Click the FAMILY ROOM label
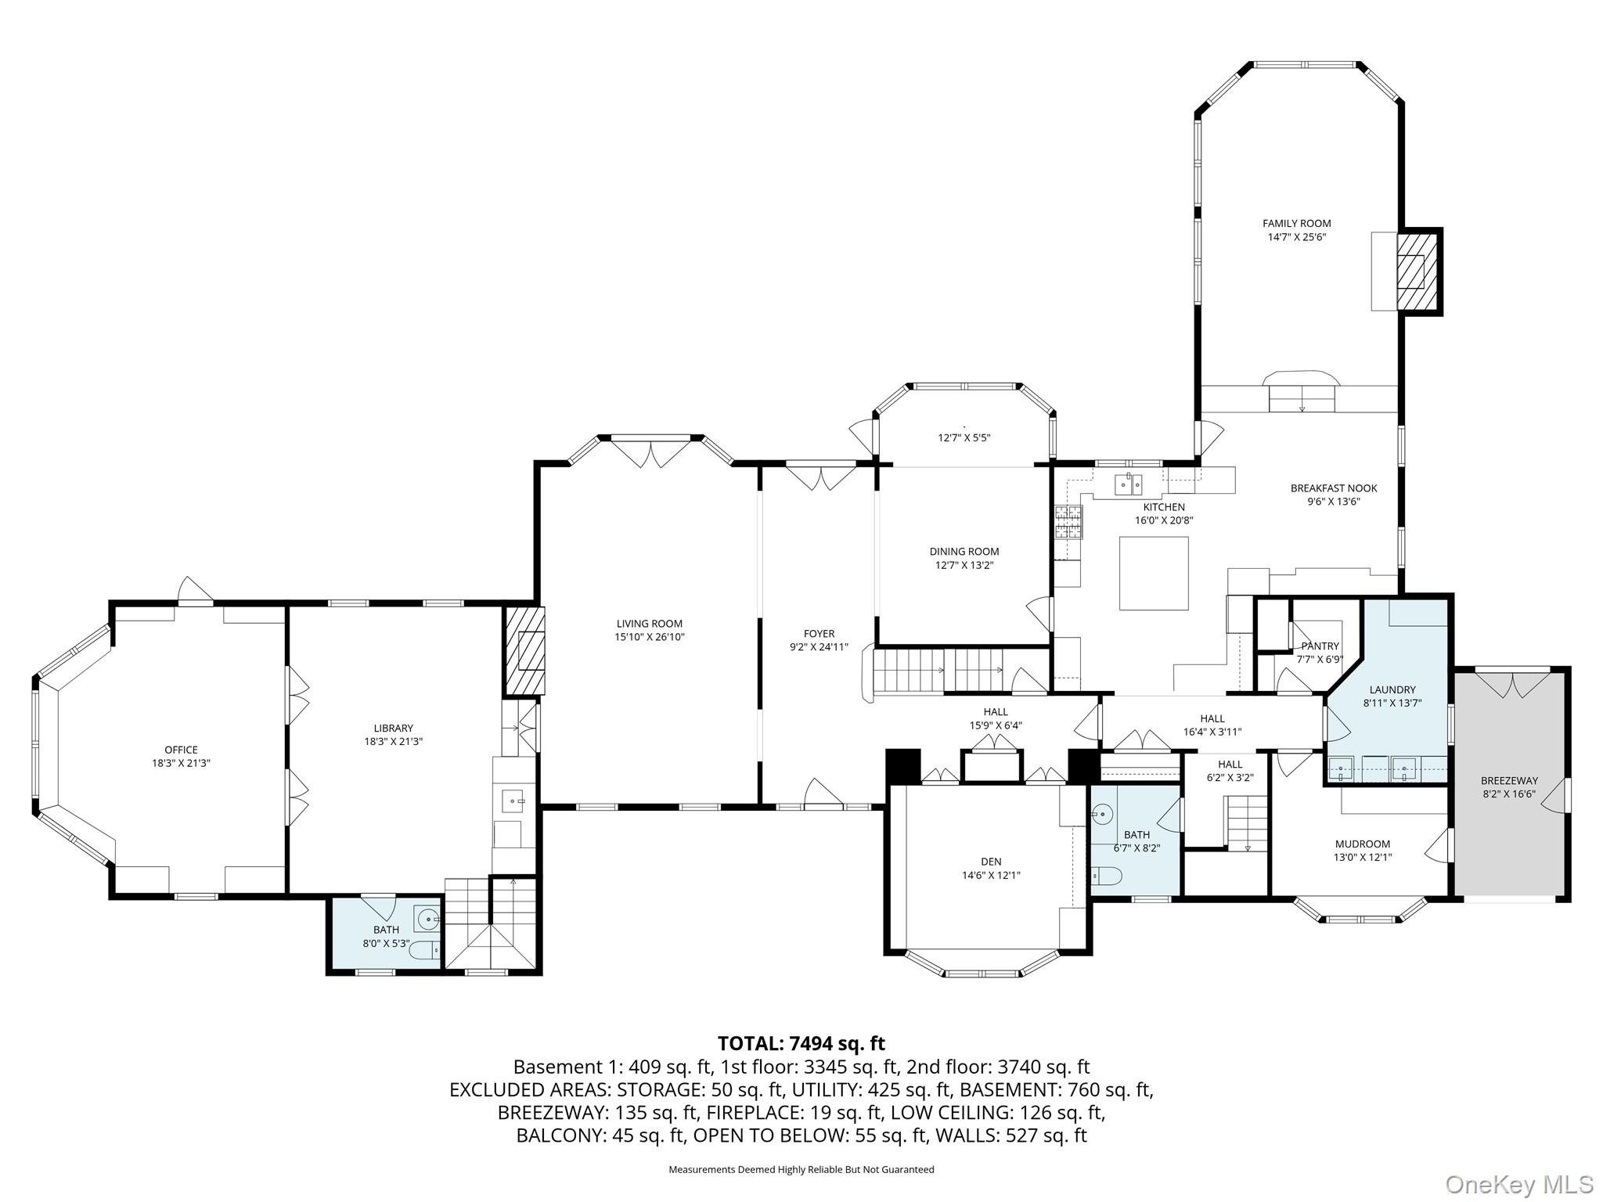point(1296,224)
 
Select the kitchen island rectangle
point(1154,573)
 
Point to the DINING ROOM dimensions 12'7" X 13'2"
point(964,565)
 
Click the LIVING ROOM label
point(649,624)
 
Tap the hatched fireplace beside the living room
point(525,651)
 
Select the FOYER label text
point(819,634)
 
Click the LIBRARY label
point(393,728)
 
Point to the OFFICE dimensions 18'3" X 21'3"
point(181,762)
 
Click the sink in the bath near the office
point(427,919)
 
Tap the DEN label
point(991,862)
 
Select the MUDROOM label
point(1363,844)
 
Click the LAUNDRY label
point(1392,689)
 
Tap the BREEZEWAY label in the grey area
point(1509,780)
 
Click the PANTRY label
point(1320,646)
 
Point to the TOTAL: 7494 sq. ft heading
point(801,1043)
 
